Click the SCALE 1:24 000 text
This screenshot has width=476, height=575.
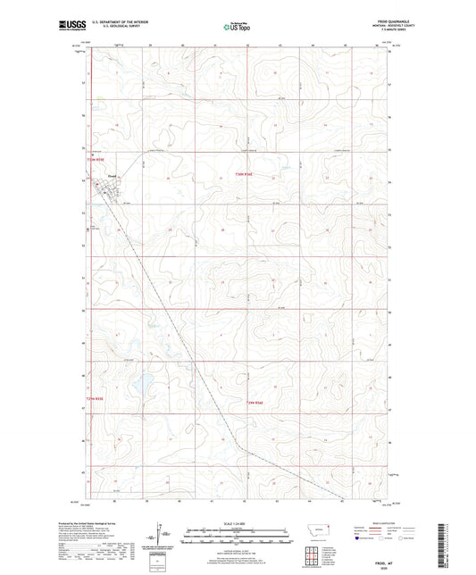(238, 522)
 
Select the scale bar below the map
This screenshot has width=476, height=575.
(238, 538)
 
